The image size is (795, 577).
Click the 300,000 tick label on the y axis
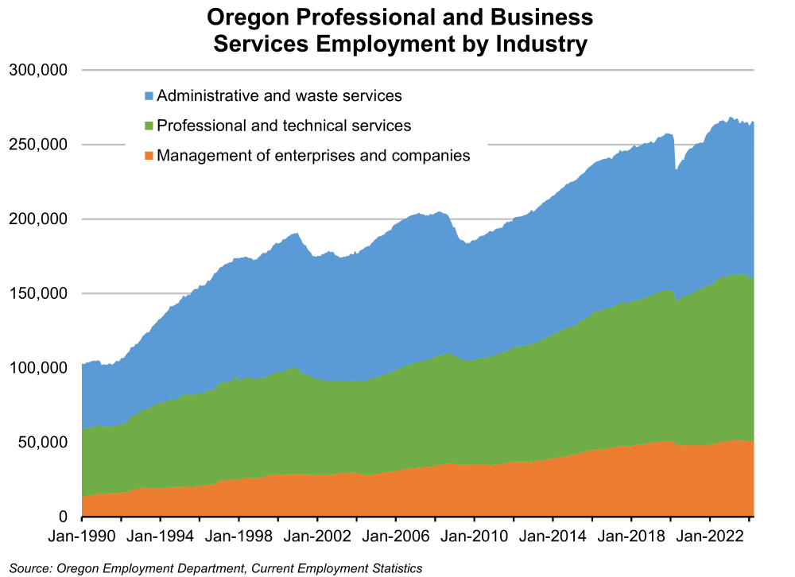click(x=37, y=70)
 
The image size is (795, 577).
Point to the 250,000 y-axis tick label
click(x=37, y=145)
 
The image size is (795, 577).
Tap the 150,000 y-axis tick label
click(x=37, y=293)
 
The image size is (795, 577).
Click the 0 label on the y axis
click(x=63, y=517)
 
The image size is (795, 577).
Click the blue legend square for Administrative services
click(x=149, y=96)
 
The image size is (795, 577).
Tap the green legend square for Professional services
click(x=149, y=126)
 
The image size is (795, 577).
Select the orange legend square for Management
click(x=149, y=156)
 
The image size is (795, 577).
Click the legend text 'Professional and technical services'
click(x=284, y=126)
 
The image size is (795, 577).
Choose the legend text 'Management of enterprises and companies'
click(x=313, y=156)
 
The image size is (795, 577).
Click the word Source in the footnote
click(x=27, y=567)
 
